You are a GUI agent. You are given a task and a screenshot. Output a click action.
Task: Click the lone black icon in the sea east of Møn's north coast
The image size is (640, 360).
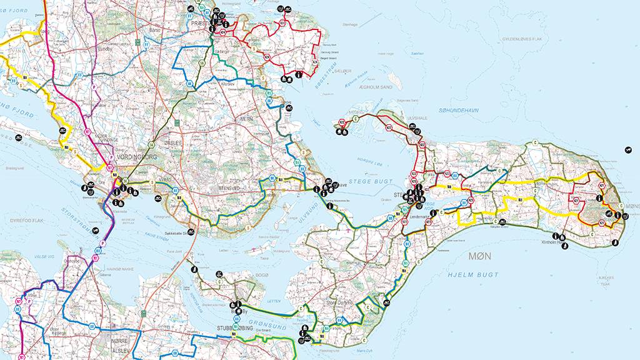tap(627, 149)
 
